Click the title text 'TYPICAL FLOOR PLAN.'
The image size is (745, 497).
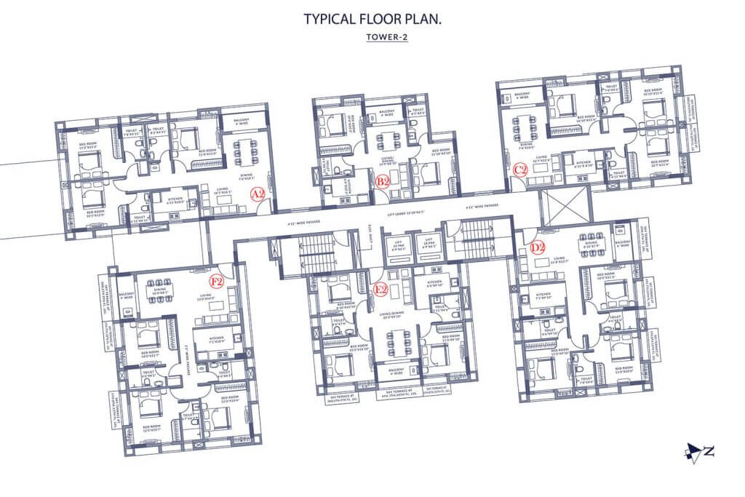point(372,19)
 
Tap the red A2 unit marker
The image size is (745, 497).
point(257,194)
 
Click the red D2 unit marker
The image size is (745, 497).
point(538,247)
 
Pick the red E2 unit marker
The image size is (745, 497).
point(380,289)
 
